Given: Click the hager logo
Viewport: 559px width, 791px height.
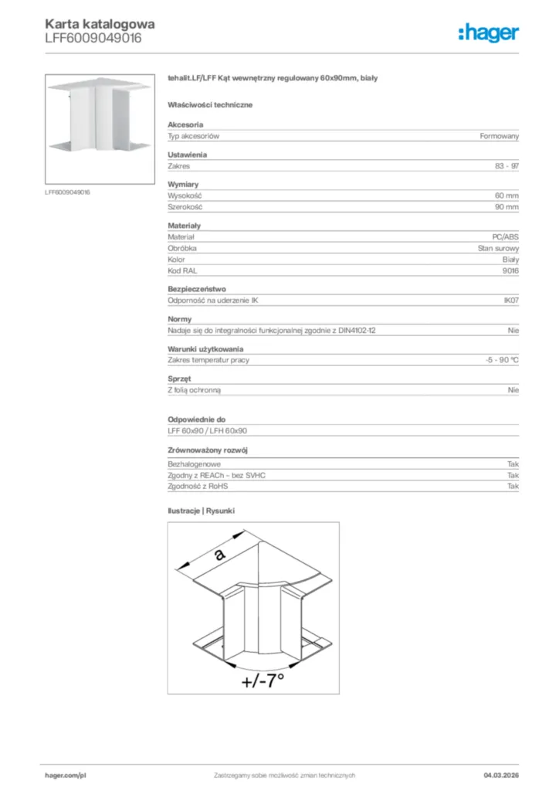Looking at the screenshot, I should pos(488,32).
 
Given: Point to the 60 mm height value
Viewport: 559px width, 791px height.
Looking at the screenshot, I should pos(506,196).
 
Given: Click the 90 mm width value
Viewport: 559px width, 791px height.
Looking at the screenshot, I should pos(506,208).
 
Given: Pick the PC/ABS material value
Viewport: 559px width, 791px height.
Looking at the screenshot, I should pos(505,237).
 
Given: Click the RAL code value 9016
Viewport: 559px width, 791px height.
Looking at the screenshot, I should pos(510,271).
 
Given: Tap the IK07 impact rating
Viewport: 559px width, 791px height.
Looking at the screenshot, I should pos(511,300).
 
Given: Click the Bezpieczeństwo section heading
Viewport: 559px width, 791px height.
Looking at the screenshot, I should pos(197,289).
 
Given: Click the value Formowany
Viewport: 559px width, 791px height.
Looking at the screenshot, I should pos(499,136).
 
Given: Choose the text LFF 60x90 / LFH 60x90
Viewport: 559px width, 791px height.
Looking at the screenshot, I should pos(207,431).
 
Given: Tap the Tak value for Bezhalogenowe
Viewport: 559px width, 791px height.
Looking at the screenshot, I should pos(513,463).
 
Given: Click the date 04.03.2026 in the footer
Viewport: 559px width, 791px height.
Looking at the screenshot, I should pos(501,775).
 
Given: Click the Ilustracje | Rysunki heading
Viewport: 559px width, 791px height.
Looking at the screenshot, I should pos(201,511).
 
